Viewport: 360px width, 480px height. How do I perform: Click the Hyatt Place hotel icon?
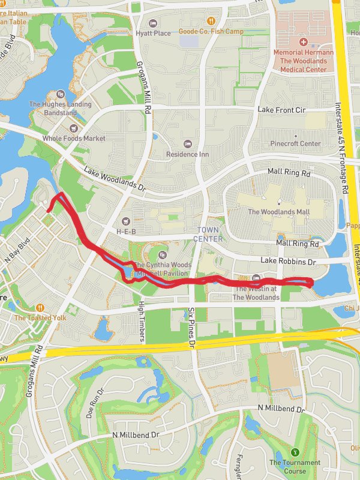click(154, 23)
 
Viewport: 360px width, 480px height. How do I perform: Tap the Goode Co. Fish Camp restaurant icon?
click(207, 21)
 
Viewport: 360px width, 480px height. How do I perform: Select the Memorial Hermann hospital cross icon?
click(304, 42)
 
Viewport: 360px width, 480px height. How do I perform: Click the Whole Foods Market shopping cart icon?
click(74, 128)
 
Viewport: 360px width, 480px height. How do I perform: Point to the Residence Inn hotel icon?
click(187, 144)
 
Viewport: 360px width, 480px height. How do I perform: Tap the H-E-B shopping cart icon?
click(125, 221)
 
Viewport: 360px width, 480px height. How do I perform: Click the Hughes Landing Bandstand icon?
click(60, 94)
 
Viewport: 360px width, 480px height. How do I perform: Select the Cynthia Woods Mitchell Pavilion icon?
click(161, 255)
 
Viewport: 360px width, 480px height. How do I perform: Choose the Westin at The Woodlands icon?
click(256, 278)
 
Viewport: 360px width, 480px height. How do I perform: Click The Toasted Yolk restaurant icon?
click(40, 308)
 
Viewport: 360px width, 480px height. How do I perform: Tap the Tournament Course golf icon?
click(295, 452)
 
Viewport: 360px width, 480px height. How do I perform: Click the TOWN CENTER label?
click(208, 234)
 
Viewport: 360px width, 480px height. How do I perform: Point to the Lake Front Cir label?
click(281, 110)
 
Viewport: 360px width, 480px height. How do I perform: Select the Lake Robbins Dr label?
click(288, 262)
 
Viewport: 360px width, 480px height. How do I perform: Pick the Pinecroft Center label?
click(295, 144)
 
